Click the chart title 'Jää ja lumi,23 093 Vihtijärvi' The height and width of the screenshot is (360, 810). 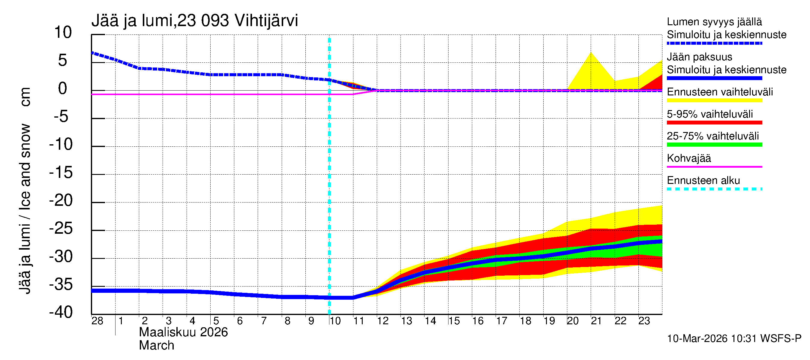coord(194,21)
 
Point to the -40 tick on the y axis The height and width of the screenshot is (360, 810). coord(61,313)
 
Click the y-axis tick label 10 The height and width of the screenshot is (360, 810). coord(63,32)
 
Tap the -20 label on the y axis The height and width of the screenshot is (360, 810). coord(61,201)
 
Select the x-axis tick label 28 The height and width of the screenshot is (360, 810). coord(97,321)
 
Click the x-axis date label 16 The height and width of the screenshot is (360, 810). coord(478,321)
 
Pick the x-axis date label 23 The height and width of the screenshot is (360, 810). coord(644,321)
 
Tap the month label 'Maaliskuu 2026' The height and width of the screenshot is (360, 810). coord(183,332)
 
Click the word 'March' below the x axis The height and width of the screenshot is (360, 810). coord(156,346)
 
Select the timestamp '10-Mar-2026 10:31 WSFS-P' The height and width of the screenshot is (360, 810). coord(734,339)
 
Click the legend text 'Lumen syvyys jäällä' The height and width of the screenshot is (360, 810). coord(714,22)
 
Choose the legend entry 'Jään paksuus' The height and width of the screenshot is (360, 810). coord(699,57)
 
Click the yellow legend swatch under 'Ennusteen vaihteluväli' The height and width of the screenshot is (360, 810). coord(714,100)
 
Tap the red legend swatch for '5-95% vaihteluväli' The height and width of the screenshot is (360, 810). coord(714,123)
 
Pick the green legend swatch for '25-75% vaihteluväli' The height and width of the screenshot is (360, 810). coord(714,145)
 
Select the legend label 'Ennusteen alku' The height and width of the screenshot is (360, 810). coord(703,181)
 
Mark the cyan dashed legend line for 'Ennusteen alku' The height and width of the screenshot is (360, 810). coord(714,189)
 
